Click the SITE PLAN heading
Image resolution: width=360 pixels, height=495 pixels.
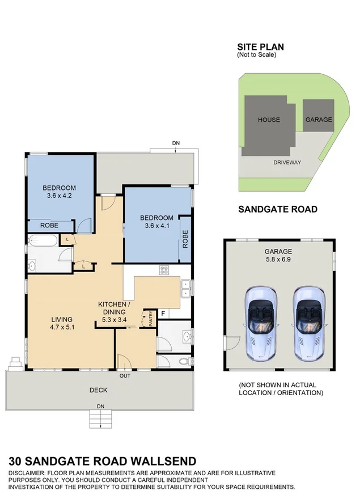click(x=260, y=47)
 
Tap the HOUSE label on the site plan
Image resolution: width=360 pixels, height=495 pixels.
click(x=269, y=120)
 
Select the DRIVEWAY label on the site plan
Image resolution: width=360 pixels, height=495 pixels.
click(x=287, y=162)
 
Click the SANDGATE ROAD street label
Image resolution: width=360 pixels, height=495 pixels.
click(x=277, y=209)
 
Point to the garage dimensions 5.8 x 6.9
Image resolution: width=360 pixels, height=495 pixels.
click(x=278, y=260)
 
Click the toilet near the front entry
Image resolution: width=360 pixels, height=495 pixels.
click(x=183, y=361)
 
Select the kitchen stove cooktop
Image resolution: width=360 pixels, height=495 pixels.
click(x=165, y=270)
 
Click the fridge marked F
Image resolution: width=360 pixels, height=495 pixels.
click(x=163, y=313)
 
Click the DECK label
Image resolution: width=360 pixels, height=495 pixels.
click(x=99, y=390)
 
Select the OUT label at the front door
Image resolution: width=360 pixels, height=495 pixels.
click(x=125, y=375)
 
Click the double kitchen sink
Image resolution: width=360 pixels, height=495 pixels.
click(x=185, y=293)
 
